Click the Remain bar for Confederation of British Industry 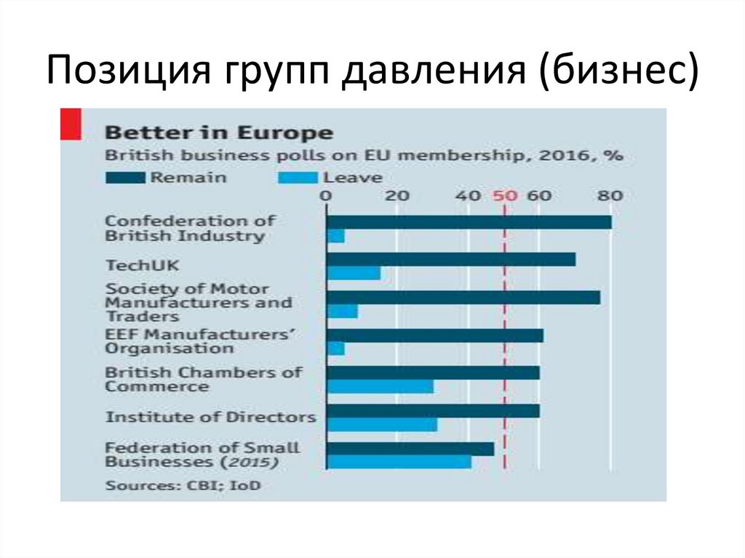click(469, 222)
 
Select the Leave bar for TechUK click(353, 273)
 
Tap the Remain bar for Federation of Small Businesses click(410, 448)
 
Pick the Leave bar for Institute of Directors click(382, 424)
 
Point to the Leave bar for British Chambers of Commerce click(380, 386)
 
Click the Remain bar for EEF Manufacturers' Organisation click(434, 335)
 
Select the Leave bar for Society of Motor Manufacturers click(342, 311)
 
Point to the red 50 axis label click(504, 196)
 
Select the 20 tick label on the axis click(397, 196)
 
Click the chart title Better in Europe click(219, 133)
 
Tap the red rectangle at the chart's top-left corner click(70, 124)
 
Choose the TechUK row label click(132, 266)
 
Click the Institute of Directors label click(210, 418)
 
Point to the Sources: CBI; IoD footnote click(183, 485)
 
